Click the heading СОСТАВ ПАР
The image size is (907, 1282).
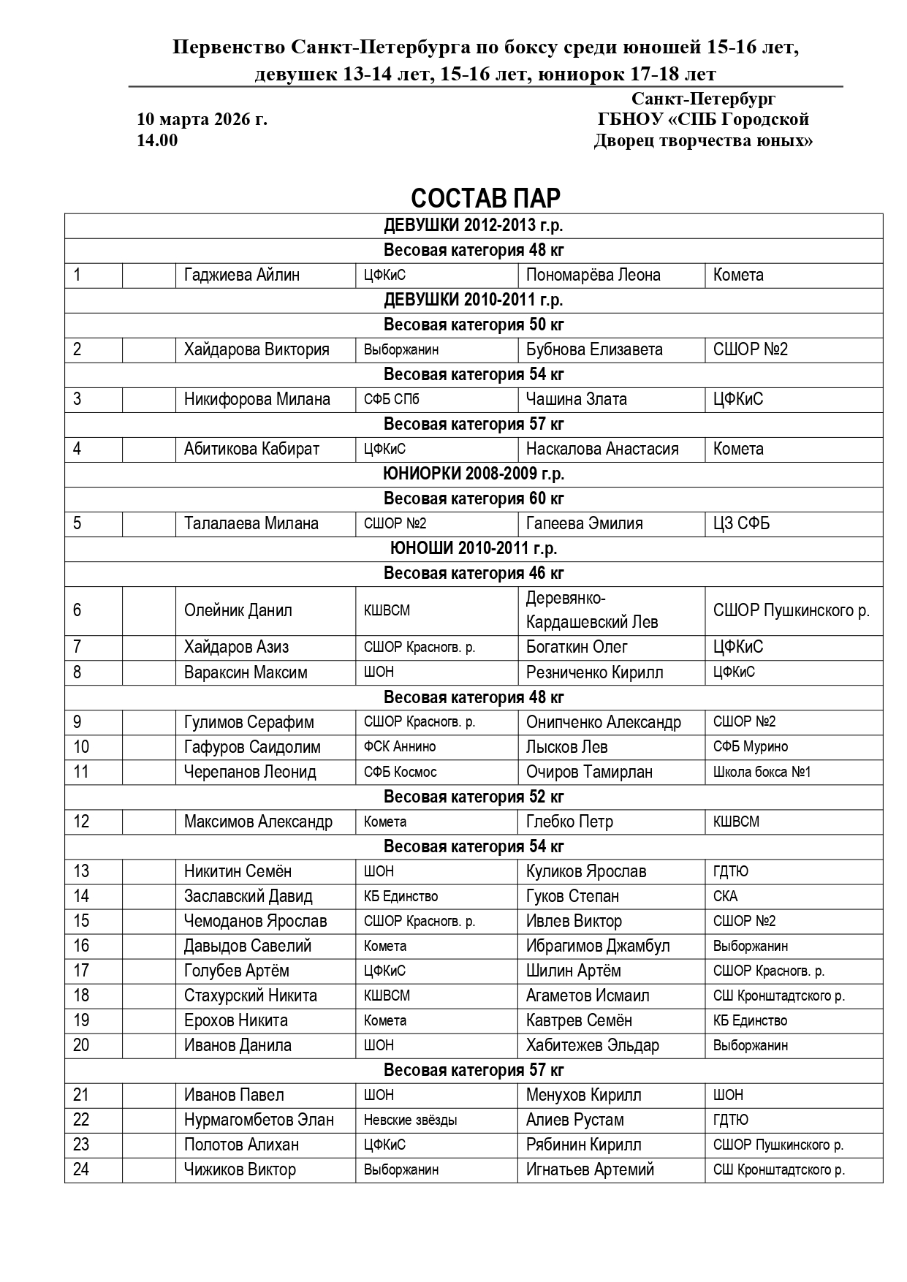tap(485, 198)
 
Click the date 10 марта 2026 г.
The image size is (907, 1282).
tap(202, 119)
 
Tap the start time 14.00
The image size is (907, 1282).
tap(157, 140)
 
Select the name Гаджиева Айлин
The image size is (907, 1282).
tap(242, 275)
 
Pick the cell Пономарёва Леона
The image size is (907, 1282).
tap(593, 275)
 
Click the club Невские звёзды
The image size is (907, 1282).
tap(411, 1120)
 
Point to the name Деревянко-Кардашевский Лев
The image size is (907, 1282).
tap(592, 610)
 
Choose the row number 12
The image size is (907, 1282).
tap(81, 822)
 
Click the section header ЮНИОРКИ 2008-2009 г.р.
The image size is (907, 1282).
tap(474, 474)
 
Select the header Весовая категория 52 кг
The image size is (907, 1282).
tap(474, 797)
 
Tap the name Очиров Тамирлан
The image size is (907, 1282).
tap(589, 772)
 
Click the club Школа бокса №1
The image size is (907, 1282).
tap(762, 772)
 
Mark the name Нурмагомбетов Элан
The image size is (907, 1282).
tap(259, 1120)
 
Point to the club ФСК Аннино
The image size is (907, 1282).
tap(400, 747)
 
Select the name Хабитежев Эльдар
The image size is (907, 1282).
tap(592, 1045)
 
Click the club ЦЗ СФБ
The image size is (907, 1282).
tap(741, 523)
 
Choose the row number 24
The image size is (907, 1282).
tap(81, 1169)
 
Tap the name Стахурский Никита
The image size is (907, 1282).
tap(251, 995)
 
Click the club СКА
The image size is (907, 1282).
tap(725, 896)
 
